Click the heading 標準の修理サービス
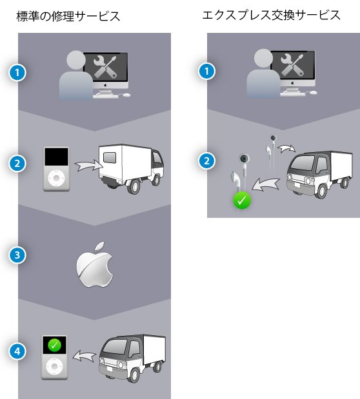point(68,17)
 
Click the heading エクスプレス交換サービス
point(271,15)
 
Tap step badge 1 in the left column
point(17,73)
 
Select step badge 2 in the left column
point(17,163)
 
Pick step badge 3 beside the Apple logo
point(17,255)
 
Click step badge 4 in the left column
point(17,351)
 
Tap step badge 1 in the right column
point(206,71)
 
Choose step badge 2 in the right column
point(206,161)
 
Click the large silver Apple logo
point(95,265)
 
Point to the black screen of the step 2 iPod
point(57,157)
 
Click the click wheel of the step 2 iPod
point(57,178)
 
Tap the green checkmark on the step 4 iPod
point(54,345)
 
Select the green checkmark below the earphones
point(242,200)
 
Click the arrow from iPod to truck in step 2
point(88,166)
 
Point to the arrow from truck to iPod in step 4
point(84,355)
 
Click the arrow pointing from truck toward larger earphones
point(265,184)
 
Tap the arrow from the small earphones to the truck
point(286,148)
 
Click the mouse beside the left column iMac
point(126,95)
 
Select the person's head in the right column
point(263,59)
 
